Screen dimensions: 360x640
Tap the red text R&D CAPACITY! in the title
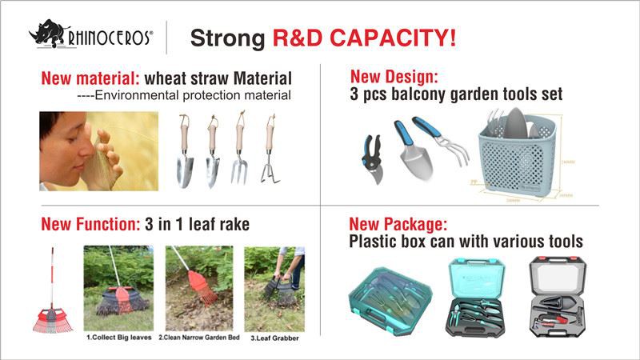365,38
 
